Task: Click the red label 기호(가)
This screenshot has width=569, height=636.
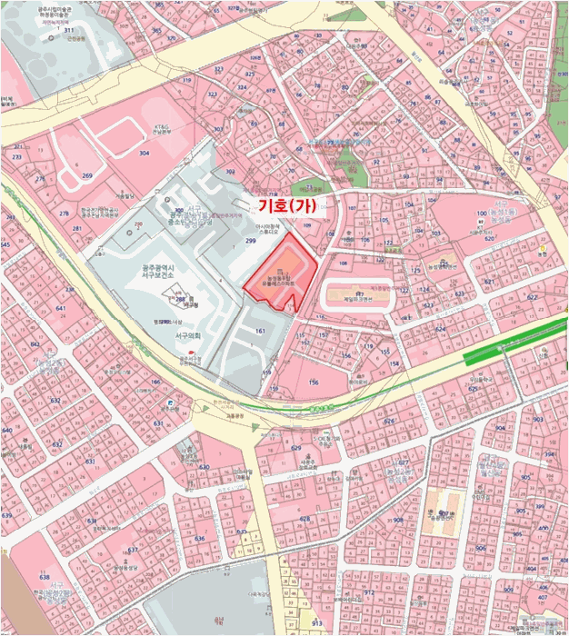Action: pos(286,206)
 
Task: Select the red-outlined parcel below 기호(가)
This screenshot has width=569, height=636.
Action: pos(282,273)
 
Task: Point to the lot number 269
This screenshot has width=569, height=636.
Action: pos(86,175)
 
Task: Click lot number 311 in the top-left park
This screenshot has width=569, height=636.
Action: pos(68,30)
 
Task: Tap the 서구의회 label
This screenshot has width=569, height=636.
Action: pos(185,335)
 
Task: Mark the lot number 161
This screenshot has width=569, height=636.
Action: pos(259,332)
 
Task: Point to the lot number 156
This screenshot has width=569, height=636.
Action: pos(314,383)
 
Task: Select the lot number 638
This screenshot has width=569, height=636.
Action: pos(45,577)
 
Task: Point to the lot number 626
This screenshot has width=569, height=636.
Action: pos(388,422)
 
